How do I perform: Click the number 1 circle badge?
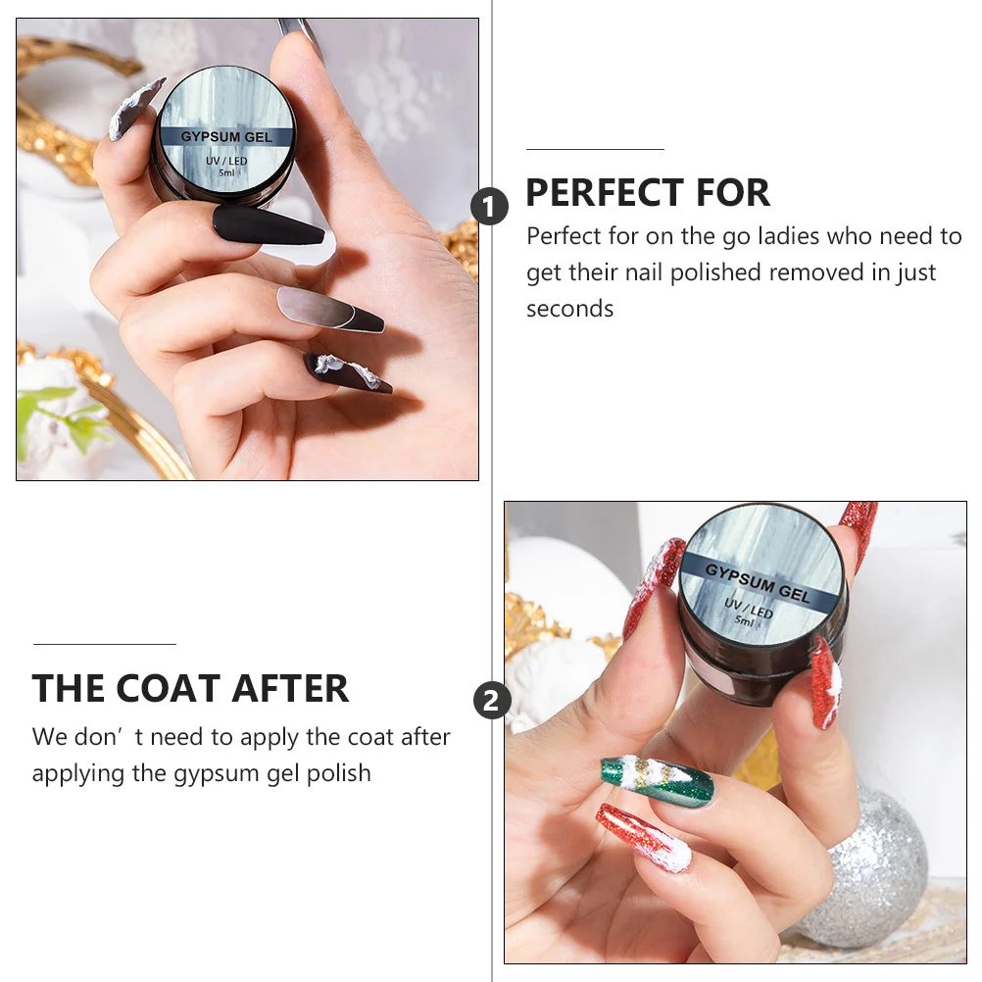tap(490, 207)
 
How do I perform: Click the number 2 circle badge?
tap(492, 701)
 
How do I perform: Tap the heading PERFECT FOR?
tap(648, 193)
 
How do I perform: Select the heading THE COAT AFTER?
tap(190, 689)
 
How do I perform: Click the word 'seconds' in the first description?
tap(569, 309)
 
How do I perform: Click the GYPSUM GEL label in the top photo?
tap(226, 136)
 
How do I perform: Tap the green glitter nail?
tap(656, 780)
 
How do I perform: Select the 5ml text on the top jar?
tap(226, 172)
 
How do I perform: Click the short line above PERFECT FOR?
tap(595, 149)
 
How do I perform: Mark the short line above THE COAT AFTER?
tap(104, 644)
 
